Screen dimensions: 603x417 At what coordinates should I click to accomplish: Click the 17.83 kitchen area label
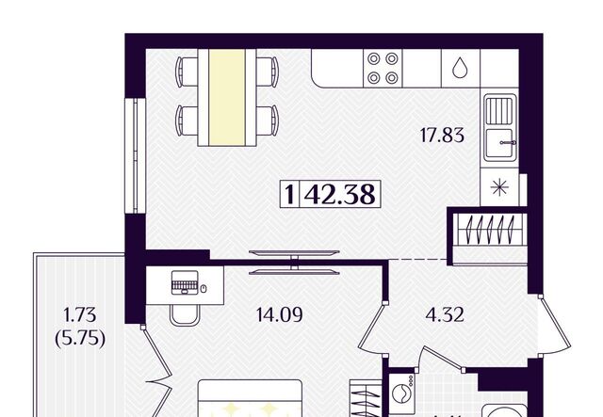442,136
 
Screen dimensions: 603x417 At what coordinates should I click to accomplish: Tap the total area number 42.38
339,194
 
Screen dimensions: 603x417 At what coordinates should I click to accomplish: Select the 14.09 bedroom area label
279,315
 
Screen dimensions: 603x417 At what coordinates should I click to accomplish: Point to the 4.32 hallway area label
445,315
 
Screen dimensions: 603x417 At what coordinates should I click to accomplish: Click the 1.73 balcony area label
79,315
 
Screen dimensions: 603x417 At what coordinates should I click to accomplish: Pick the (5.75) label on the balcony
80,339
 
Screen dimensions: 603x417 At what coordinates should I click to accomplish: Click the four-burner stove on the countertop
383,69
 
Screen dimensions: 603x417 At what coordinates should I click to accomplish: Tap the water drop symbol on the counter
459,68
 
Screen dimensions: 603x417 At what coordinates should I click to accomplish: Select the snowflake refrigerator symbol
499,187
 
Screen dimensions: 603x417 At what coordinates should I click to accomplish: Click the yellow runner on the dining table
227,97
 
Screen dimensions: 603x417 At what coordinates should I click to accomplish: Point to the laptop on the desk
185,282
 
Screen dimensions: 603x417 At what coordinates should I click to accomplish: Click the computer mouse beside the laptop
204,288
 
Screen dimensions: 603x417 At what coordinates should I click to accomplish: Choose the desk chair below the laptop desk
185,315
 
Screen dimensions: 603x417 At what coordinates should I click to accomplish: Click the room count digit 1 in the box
289,194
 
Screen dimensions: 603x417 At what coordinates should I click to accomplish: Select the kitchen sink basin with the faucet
499,144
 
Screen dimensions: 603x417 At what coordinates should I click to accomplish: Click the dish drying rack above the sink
499,111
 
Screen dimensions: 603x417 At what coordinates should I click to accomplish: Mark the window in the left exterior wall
135,155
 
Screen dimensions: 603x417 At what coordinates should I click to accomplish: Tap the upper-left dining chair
187,72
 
